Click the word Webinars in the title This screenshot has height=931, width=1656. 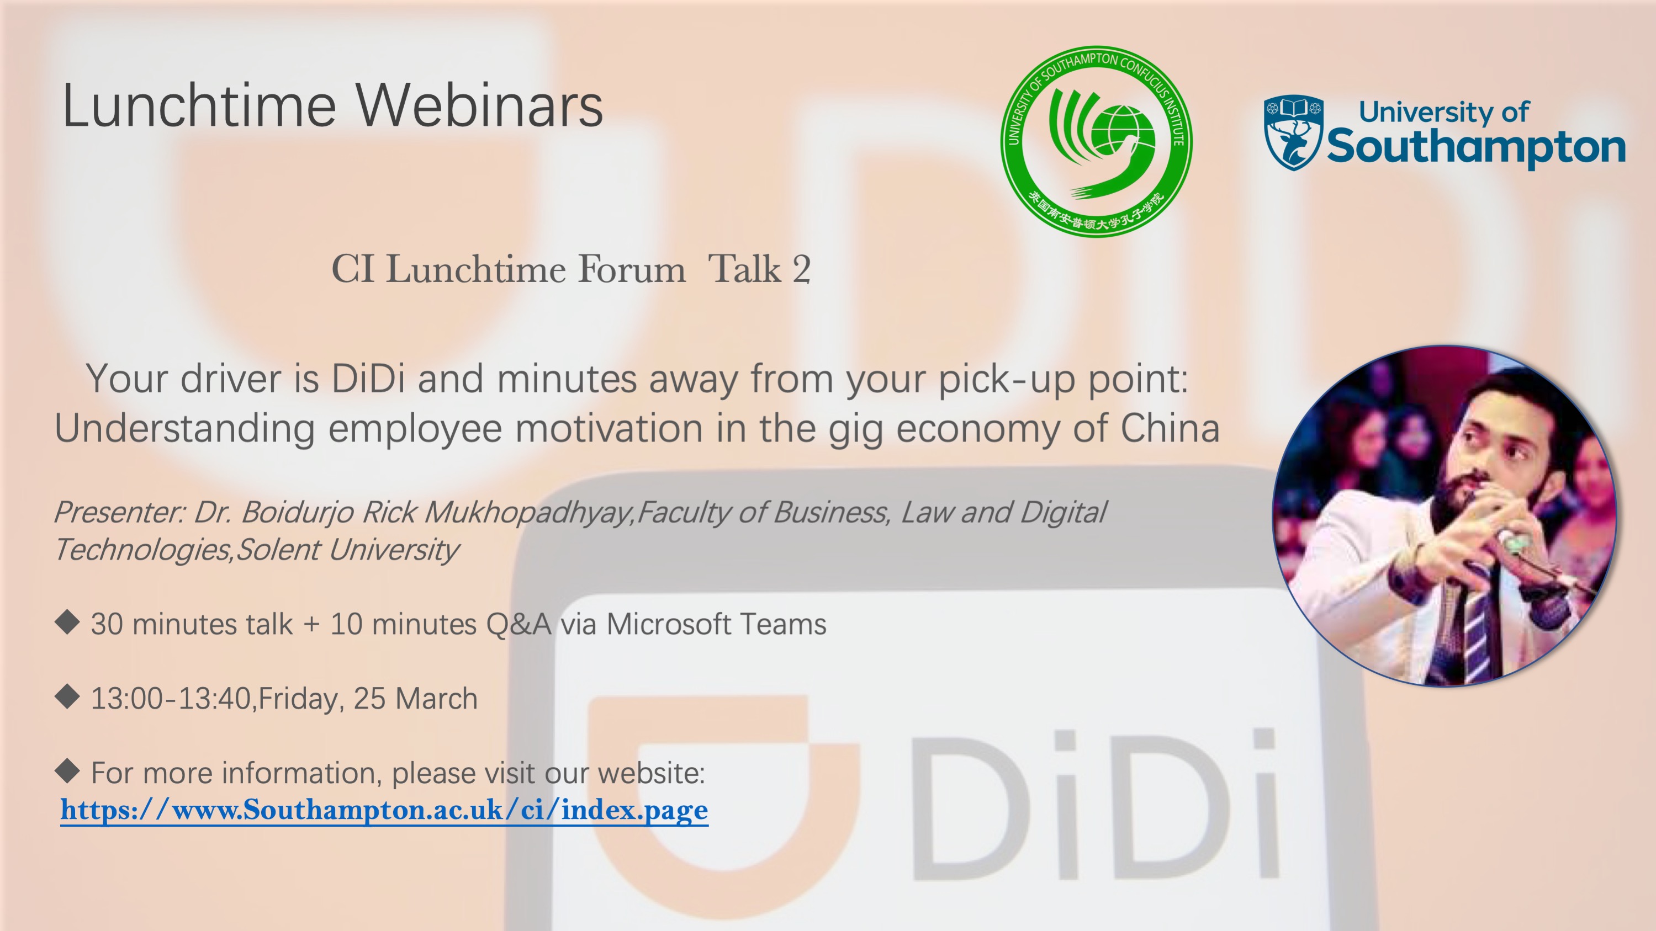tap(479, 105)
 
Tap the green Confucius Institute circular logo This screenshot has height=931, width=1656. tap(1097, 141)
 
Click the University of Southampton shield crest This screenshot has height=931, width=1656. tap(1293, 132)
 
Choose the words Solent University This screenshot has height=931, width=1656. tap(347, 550)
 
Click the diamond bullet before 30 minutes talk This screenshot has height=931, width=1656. tap(67, 622)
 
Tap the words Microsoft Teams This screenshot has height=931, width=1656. tap(716, 624)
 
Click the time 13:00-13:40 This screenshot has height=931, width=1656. tap(171, 699)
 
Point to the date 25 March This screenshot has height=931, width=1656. tap(415, 699)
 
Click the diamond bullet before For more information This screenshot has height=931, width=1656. tap(67, 770)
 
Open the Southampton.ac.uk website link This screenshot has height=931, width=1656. tap(384, 810)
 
